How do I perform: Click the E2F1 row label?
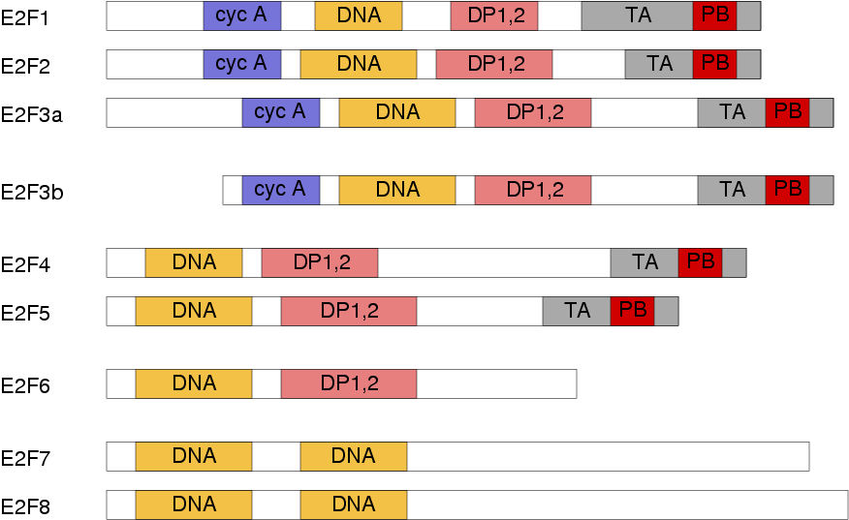[x=25, y=18]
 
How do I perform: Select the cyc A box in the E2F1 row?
[x=242, y=15]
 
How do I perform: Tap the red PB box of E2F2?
[x=714, y=64]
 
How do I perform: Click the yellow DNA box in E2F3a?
[x=397, y=112]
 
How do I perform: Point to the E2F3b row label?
[x=32, y=192]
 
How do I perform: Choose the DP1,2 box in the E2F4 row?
[x=320, y=263]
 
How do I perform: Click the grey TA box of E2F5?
[x=577, y=311]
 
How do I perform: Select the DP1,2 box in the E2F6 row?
[x=349, y=384]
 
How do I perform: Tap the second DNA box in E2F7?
[x=354, y=457]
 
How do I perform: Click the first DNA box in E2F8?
[x=193, y=505]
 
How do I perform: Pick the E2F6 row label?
[x=25, y=385]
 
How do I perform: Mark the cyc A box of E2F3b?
[x=280, y=190]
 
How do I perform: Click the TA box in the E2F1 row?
[x=638, y=15]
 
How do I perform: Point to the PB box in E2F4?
[x=700, y=263]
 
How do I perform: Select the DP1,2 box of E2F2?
[x=494, y=64]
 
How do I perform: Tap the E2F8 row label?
[x=25, y=507]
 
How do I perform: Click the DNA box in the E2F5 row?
[x=193, y=311]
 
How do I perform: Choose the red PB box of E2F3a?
[x=787, y=112]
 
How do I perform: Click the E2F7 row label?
[x=25, y=458]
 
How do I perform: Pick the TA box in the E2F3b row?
[x=732, y=190]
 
